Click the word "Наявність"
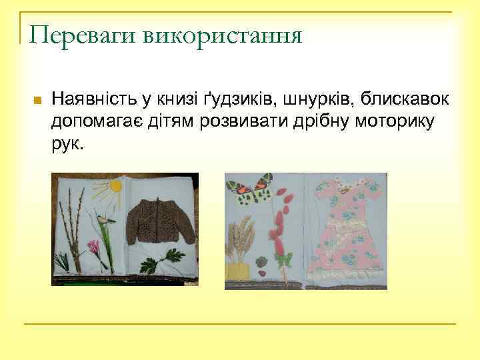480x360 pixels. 97,99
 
